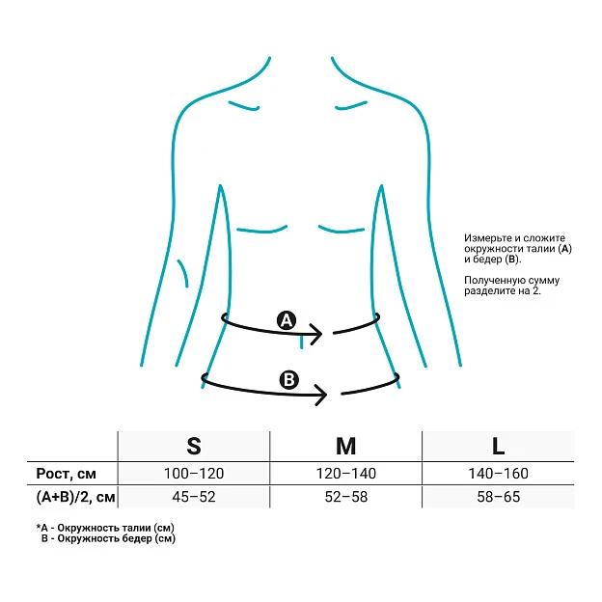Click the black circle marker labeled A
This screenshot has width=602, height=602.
click(287, 320)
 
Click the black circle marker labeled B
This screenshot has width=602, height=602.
click(288, 380)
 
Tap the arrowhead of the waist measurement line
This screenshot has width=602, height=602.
click(316, 334)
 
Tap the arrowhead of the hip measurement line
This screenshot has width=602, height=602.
click(321, 395)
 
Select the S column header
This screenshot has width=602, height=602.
click(194, 446)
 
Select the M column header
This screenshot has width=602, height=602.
click(346, 446)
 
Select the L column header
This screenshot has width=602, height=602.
click(498, 446)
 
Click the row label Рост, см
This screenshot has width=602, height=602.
click(66, 474)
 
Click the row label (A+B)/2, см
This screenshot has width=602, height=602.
click(75, 497)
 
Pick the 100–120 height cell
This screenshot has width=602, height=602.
click(194, 474)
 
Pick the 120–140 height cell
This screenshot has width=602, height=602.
click(346, 474)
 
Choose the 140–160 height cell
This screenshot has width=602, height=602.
click(498, 474)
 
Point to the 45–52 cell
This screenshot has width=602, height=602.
click(194, 497)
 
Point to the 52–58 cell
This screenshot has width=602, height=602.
click(346, 497)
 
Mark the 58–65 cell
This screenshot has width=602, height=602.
click(499, 497)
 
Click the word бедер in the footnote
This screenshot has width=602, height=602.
click(137, 538)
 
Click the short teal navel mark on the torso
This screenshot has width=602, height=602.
click(301, 341)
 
